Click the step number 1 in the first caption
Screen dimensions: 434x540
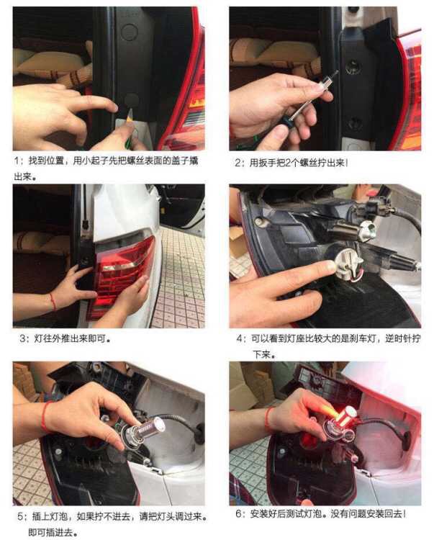(x=17, y=161)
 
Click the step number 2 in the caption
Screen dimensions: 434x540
(x=238, y=163)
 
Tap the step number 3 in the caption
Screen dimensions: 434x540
(x=23, y=338)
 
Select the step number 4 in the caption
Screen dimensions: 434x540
(x=239, y=338)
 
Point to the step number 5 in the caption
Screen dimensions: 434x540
(x=21, y=516)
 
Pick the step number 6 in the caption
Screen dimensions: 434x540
(x=239, y=514)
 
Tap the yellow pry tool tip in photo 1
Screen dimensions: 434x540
(x=130, y=115)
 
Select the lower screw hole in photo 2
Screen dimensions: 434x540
(x=353, y=123)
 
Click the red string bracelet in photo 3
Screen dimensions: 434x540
(x=53, y=302)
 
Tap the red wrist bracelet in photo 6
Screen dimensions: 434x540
(x=268, y=420)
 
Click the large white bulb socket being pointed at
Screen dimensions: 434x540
(x=348, y=262)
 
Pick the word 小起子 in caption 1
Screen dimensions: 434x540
(x=95, y=161)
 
